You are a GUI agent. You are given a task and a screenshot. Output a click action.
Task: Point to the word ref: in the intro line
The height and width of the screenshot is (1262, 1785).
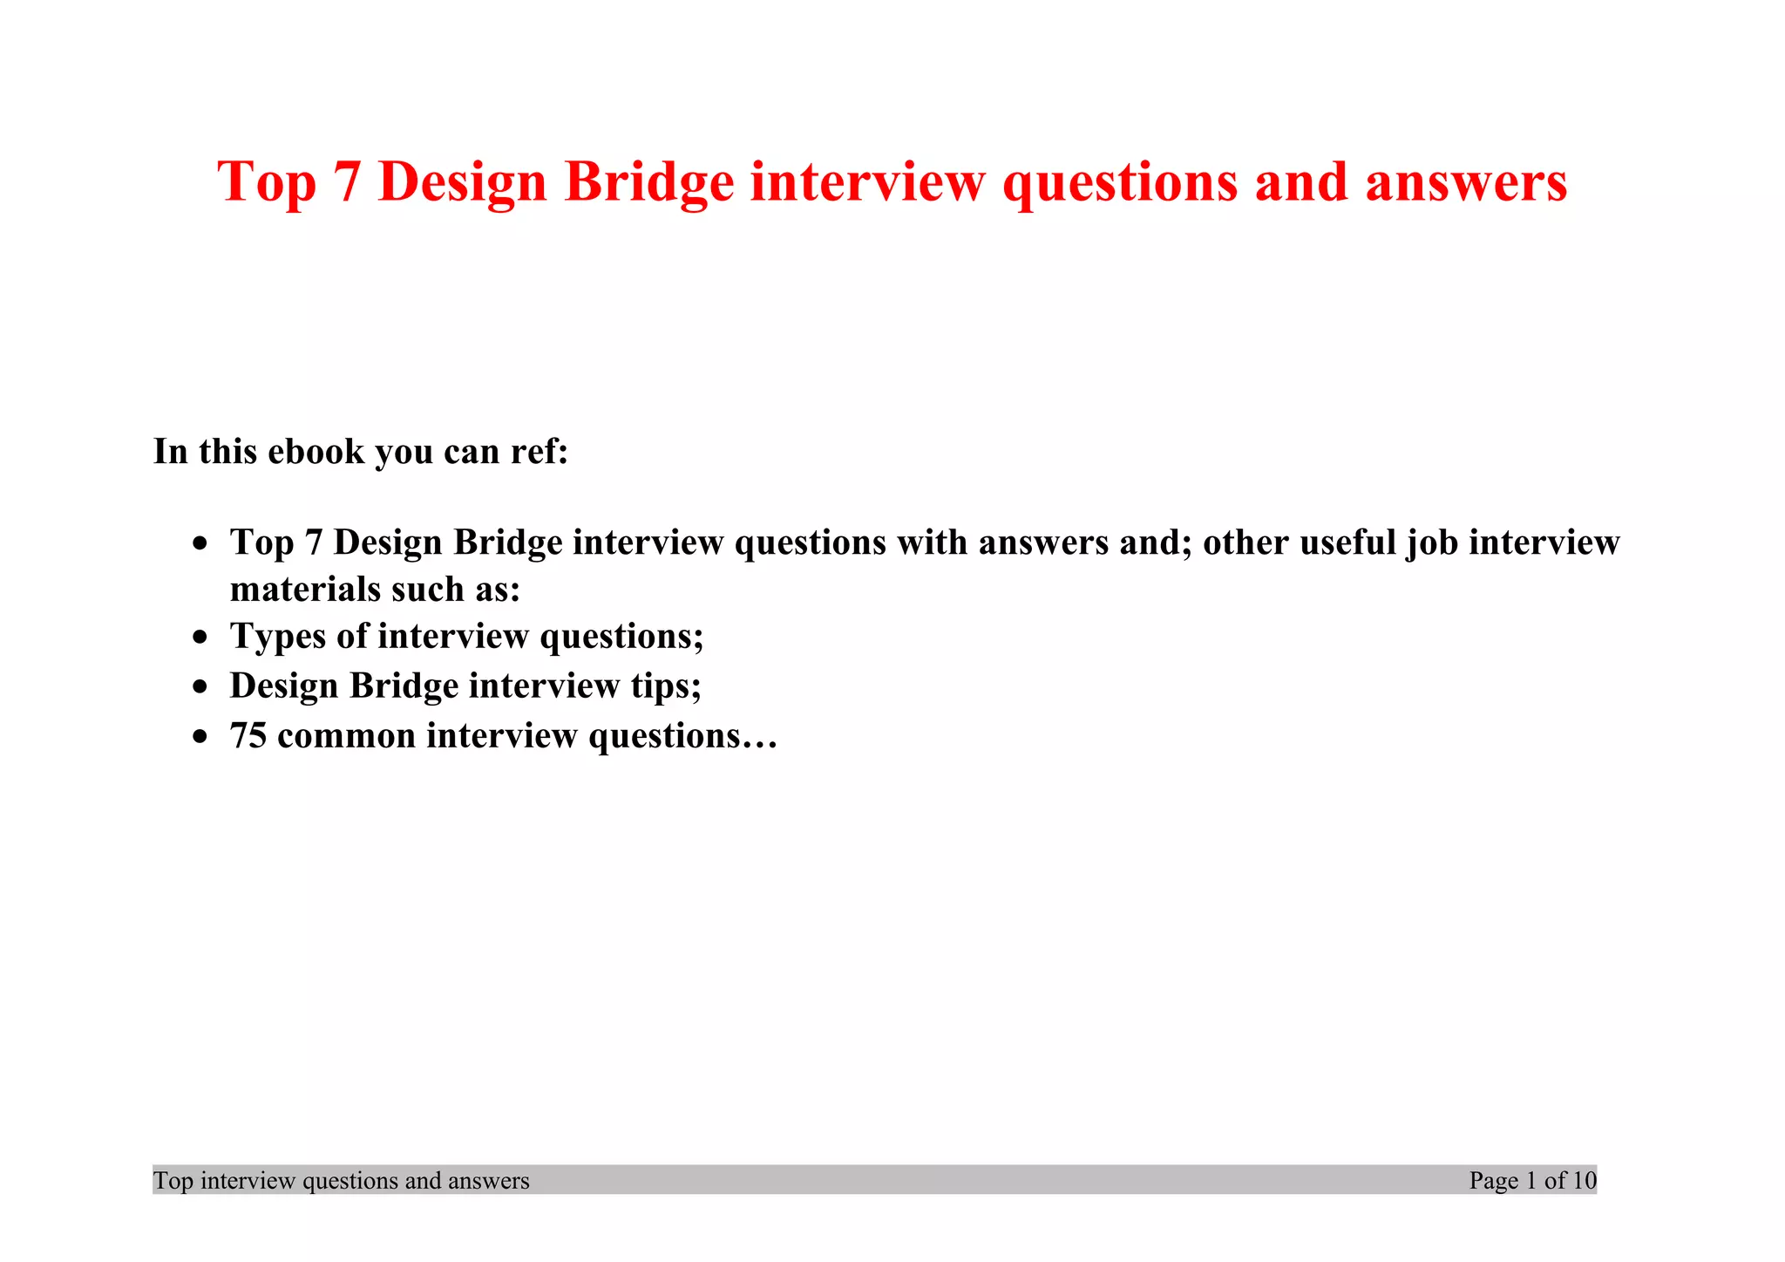[x=533, y=452]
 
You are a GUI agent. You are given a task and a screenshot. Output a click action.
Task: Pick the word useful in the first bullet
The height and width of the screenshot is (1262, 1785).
[x=1347, y=542]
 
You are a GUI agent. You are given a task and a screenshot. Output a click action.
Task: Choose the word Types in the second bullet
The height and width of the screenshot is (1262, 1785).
[x=278, y=637]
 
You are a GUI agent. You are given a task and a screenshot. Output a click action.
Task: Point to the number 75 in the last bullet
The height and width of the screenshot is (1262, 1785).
[x=248, y=736]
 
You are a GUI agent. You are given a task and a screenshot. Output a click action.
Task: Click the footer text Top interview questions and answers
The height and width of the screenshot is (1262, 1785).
[x=342, y=1181]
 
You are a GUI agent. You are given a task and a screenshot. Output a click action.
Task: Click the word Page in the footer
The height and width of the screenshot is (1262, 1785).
[x=1494, y=1181]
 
